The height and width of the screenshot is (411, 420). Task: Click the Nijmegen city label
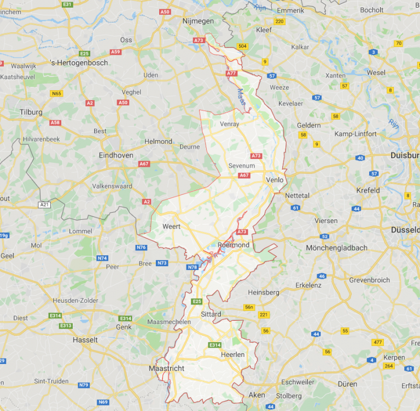[x=197, y=21]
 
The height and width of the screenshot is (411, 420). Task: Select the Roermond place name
[x=233, y=245]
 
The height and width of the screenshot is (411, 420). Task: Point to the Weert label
[x=171, y=226]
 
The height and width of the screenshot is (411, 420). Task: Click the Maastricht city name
[x=166, y=368]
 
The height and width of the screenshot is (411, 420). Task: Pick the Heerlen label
[x=232, y=355]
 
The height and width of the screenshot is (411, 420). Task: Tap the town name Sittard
[x=211, y=314]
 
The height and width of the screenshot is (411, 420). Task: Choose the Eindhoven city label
[x=116, y=155]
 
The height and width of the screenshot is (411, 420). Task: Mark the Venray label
[x=230, y=124]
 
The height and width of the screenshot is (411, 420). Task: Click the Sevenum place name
[x=242, y=165]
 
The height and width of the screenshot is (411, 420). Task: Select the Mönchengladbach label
[x=336, y=248]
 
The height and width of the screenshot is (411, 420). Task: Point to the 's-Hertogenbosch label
[x=79, y=63]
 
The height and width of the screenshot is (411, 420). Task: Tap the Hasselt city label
[x=85, y=339]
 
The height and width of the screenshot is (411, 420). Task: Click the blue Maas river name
[x=242, y=98]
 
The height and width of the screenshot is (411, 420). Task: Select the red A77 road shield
[x=231, y=73]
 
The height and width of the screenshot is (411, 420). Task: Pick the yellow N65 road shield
[x=56, y=93]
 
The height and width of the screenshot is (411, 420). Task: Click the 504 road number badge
[x=242, y=46]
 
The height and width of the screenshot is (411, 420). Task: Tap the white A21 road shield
[x=44, y=204]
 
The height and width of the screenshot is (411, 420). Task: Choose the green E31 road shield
[x=67, y=4]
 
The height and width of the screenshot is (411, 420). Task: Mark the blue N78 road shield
[x=192, y=267]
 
